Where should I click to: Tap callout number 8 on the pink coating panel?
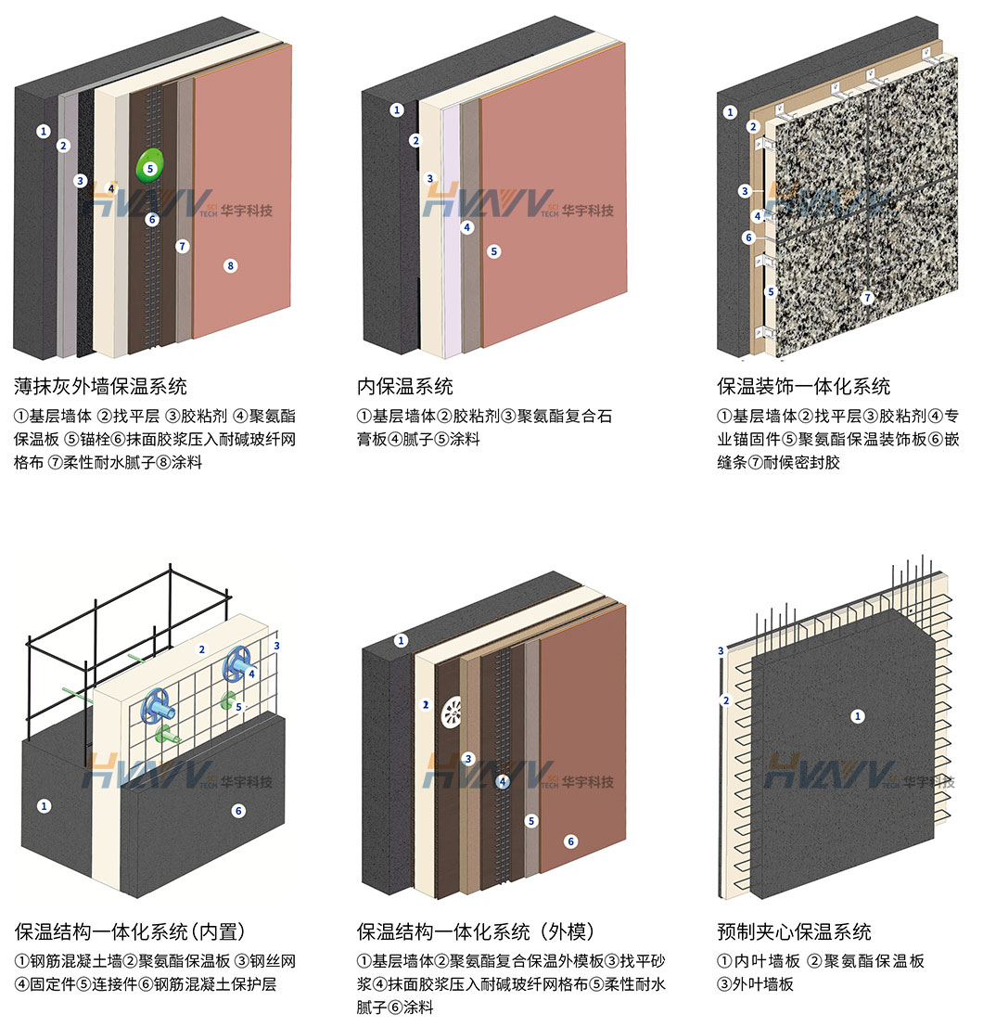tap(231, 266)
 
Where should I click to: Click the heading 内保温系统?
tap(404, 385)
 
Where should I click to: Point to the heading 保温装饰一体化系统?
tap(803, 385)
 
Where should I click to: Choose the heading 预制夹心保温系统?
tap(794, 931)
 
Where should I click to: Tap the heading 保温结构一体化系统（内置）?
tap(135, 931)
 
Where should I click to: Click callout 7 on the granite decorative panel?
tap(868, 298)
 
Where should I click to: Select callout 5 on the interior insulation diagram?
tap(493, 250)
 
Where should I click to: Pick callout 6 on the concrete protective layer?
tap(238, 811)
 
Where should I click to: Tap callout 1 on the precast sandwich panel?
tap(858, 715)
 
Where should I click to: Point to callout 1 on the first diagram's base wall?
tap(43, 131)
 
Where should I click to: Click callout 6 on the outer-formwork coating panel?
tap(571, 841)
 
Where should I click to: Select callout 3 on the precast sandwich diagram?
tap(721, 651)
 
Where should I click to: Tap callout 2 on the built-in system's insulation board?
tap(202, 649)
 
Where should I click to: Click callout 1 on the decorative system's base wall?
tap(730, 112)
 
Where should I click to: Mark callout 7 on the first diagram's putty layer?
tap(183, 246)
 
